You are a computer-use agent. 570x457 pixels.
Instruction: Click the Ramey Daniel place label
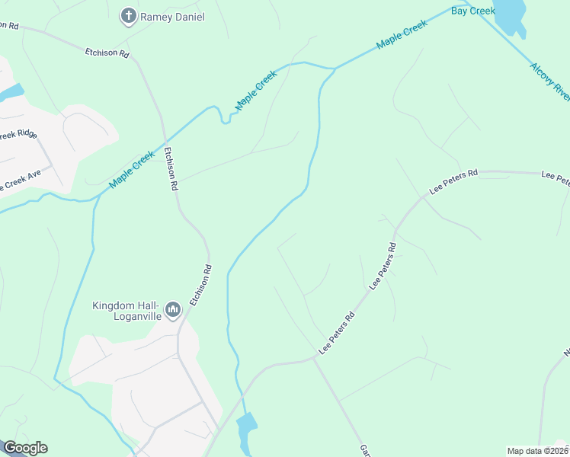pos(173,16)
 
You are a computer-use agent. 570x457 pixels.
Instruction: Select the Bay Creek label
pos(473,11)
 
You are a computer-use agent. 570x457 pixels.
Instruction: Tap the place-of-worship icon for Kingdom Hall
pos(174,309)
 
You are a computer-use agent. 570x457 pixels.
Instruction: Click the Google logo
pos(24,448)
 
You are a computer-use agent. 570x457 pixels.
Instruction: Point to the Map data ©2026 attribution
pos(538,451)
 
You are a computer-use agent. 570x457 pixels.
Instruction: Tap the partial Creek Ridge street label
pos(17,136)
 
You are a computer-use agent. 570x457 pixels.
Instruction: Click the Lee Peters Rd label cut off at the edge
pos(556,177)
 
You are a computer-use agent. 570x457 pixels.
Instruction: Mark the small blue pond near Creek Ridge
pos(11,93)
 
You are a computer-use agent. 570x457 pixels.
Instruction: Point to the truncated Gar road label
pos(364,451)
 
